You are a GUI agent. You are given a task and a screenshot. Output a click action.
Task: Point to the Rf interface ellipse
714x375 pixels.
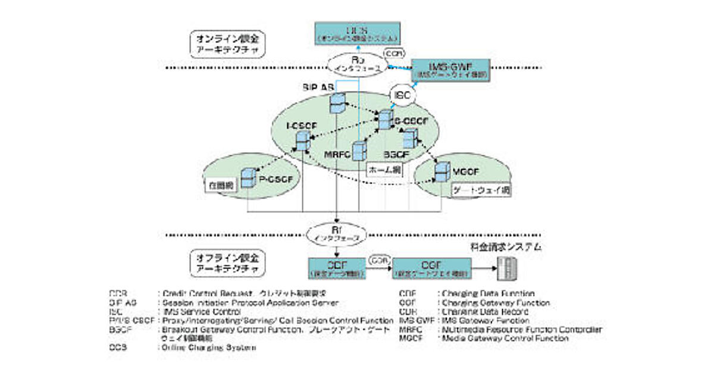pos(337,233)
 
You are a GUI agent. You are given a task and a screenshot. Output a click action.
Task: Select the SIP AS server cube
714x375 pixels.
pos(337,103)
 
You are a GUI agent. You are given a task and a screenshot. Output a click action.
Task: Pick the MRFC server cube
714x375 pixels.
pos(358,152)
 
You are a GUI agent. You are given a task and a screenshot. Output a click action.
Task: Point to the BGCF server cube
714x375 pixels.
pos(409,139)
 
